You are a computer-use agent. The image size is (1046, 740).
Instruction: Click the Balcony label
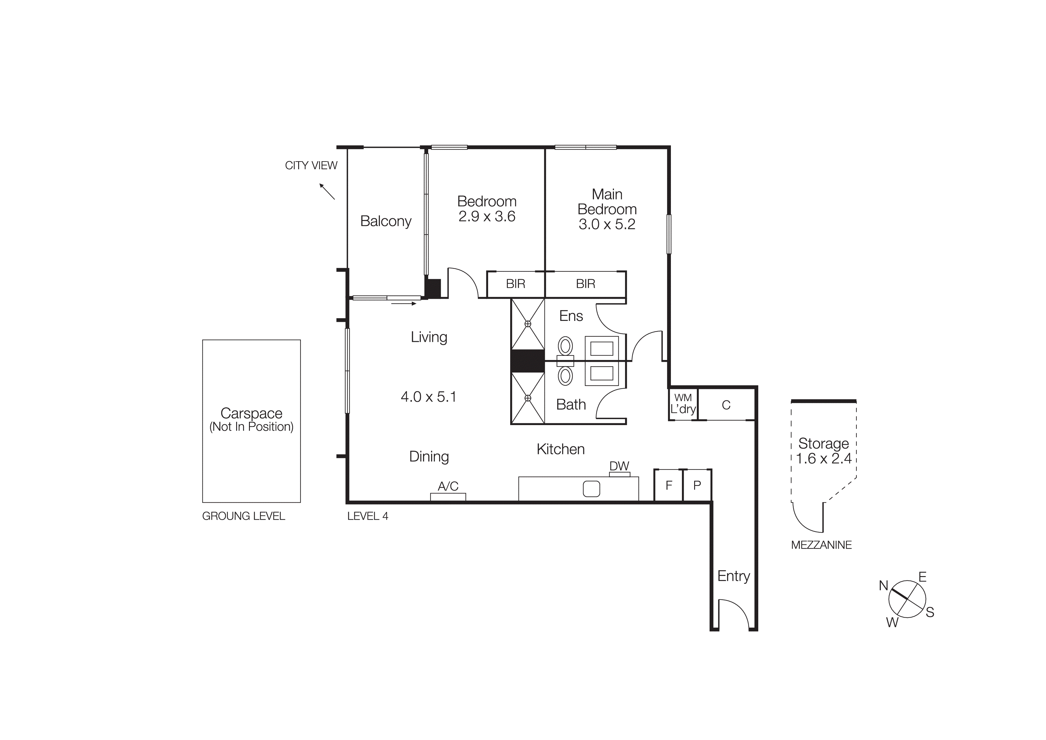click(386, 221)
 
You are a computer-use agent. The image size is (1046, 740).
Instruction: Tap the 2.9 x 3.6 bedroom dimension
click(487, 217)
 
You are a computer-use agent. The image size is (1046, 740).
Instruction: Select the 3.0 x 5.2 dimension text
click(607, 224)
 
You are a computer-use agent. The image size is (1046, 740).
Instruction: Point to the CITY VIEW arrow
click(327, 192)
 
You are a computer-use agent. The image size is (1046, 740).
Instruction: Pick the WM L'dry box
click(683, 404)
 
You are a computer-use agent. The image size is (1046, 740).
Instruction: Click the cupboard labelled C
click(726, 405)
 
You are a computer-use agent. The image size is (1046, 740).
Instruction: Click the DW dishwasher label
click(619, 466)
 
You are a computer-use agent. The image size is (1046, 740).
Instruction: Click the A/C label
click(448, 486)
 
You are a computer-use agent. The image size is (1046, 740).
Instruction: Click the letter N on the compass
click(883, 585)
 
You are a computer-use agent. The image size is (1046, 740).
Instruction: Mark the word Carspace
click(251, 413)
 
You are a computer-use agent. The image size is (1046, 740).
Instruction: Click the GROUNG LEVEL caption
click(243, 516)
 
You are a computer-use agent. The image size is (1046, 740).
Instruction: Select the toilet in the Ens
click(565, 346)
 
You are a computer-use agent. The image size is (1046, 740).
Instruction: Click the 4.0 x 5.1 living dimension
click(428, 397)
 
